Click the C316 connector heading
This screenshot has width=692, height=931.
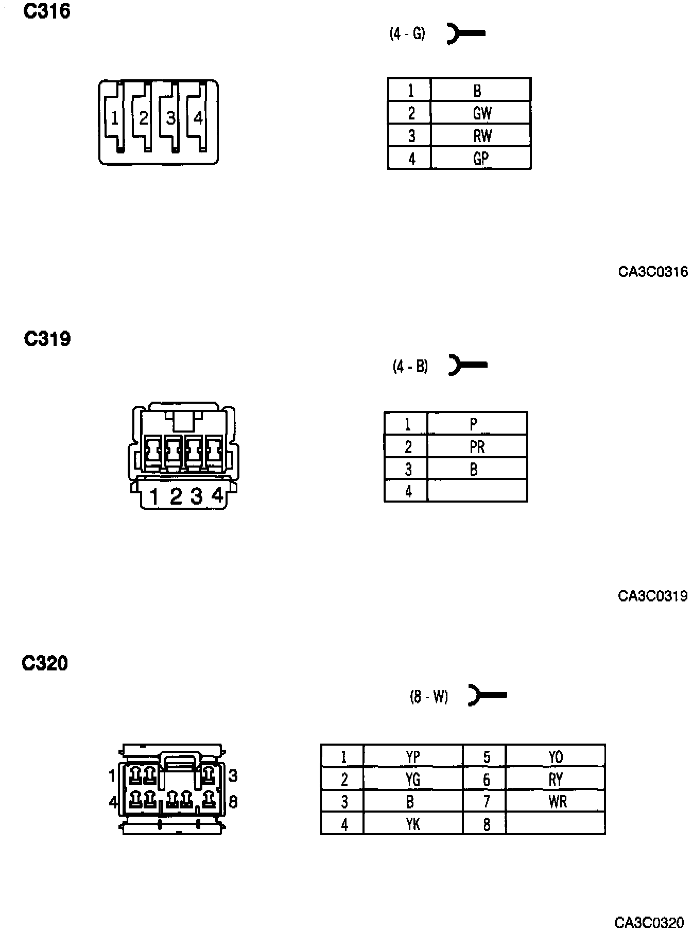(x=47, y=11)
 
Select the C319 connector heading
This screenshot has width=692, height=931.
(x=47, y=339)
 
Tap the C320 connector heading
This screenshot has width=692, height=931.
(x=45, y=663)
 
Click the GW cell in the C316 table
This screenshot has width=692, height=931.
(x=481, y=113)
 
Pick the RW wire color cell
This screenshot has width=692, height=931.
(x=481, y=135)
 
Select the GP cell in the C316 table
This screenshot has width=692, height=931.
(x=481, y=158)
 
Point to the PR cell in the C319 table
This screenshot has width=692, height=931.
(x=477, y=446)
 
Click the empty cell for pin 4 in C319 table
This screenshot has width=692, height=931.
(x=477, y=491)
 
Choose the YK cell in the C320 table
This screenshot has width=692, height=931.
(x=412, y=824)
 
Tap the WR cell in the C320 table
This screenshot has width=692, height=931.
(x=556, y=802)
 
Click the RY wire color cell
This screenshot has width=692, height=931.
(x=556, y=780)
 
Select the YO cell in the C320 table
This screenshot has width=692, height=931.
(x=556, y=757)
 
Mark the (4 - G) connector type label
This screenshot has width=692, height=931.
(x=407, y=34)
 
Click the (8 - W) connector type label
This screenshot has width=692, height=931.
(x=429, y=697)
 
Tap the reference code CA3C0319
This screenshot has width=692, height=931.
(x=652, y=596)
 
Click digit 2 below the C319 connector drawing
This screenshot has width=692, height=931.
(x=176, y=496)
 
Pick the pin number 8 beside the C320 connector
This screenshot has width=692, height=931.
(x=233, y=802)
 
